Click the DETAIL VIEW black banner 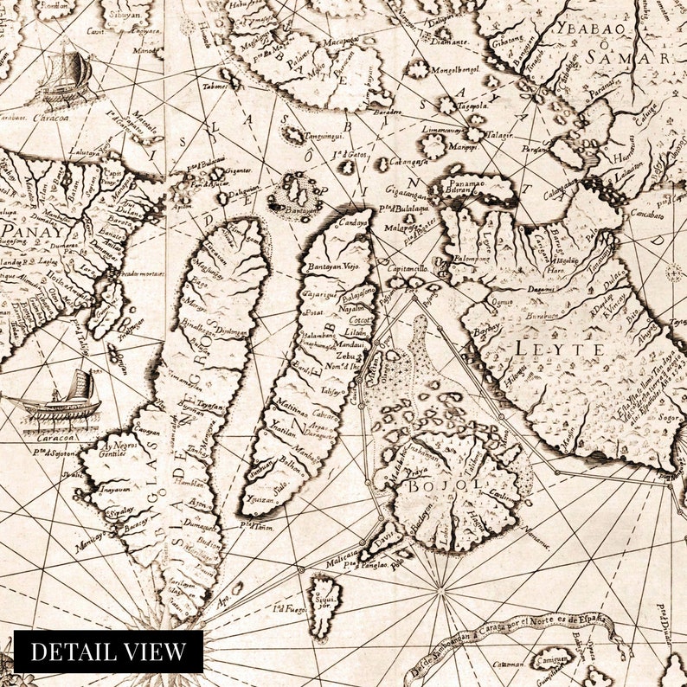tap(108, 652)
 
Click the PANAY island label tap(25, 231)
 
